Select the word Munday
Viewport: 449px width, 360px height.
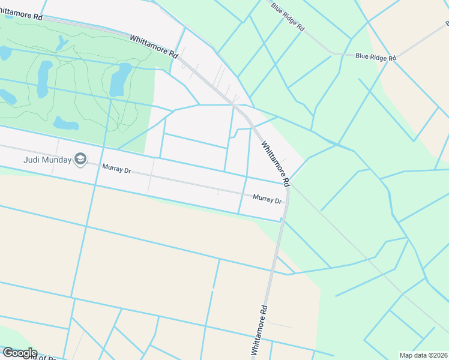57,160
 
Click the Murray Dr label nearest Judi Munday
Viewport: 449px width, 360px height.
116,169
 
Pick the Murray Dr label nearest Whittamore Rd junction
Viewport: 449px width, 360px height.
267,198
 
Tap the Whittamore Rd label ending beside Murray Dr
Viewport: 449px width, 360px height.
276,163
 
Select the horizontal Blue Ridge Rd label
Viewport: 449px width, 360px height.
376,58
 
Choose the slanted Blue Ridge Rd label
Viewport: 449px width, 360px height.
288,17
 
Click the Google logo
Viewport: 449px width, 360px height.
20,353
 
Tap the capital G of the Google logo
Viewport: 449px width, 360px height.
7,353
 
